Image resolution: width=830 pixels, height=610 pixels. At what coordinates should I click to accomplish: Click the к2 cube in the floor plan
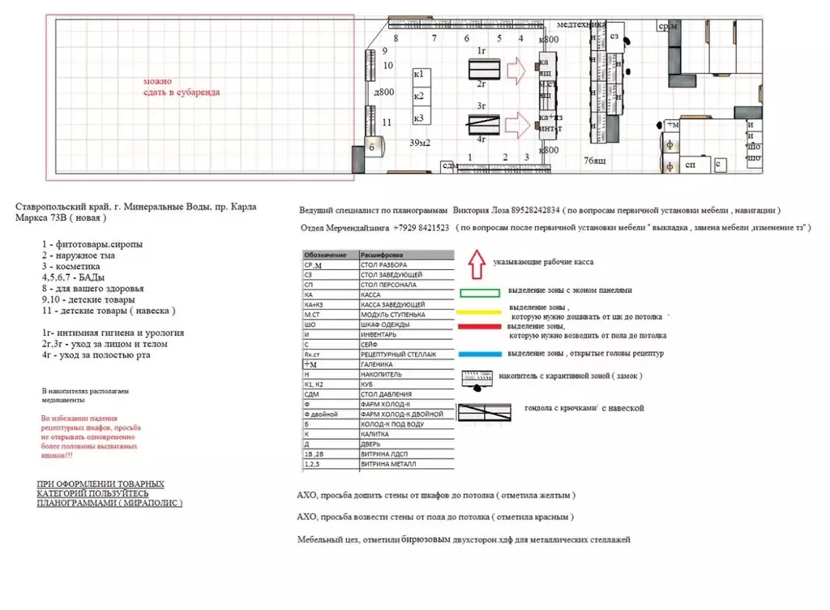coord(419,97)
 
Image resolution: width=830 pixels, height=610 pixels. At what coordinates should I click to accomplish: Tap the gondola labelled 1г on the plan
coord(484,69)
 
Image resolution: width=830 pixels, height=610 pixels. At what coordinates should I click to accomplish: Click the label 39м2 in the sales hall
coord(419,143)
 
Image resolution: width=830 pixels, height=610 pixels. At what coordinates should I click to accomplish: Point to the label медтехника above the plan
coord(581,24)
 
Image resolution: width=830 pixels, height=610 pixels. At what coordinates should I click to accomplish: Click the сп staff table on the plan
coord(691,165)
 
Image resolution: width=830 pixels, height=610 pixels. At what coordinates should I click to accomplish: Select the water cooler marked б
coord(371,148)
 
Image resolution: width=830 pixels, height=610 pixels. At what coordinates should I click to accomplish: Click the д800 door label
coord(383,92)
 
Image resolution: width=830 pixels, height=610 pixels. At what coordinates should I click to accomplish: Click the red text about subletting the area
coord(181,87)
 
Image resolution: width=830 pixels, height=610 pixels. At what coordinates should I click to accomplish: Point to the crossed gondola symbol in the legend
coord(485,411)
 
